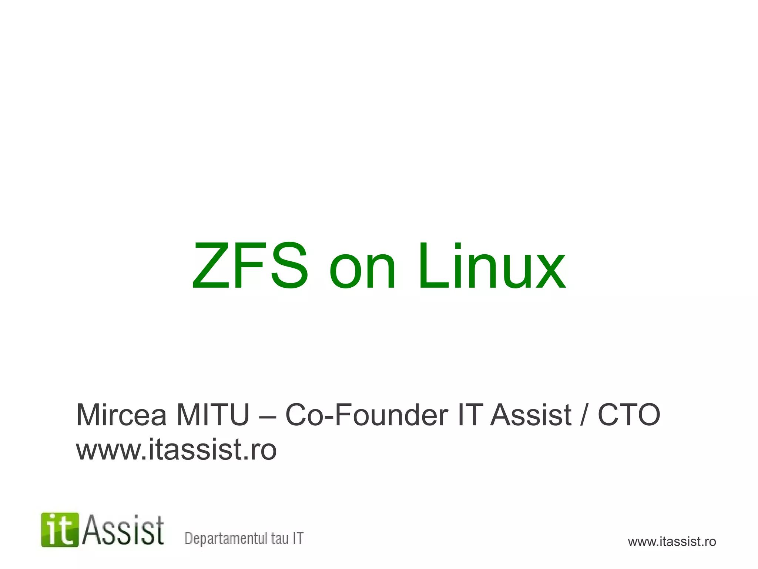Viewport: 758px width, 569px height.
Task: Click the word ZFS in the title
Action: (250, 265)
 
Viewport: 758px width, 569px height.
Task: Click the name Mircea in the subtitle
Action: (121, 415)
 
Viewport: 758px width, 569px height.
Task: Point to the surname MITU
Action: (213, 415)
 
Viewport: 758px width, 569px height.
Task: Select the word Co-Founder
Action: (367, 415)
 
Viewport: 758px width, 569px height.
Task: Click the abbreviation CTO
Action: (629, 415)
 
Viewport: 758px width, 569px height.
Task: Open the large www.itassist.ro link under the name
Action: (176, 449)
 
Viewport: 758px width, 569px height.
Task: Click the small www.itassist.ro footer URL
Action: (672, 542)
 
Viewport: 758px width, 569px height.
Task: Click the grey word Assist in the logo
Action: (123, 530)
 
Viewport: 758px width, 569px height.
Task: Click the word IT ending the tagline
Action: (298, 538)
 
